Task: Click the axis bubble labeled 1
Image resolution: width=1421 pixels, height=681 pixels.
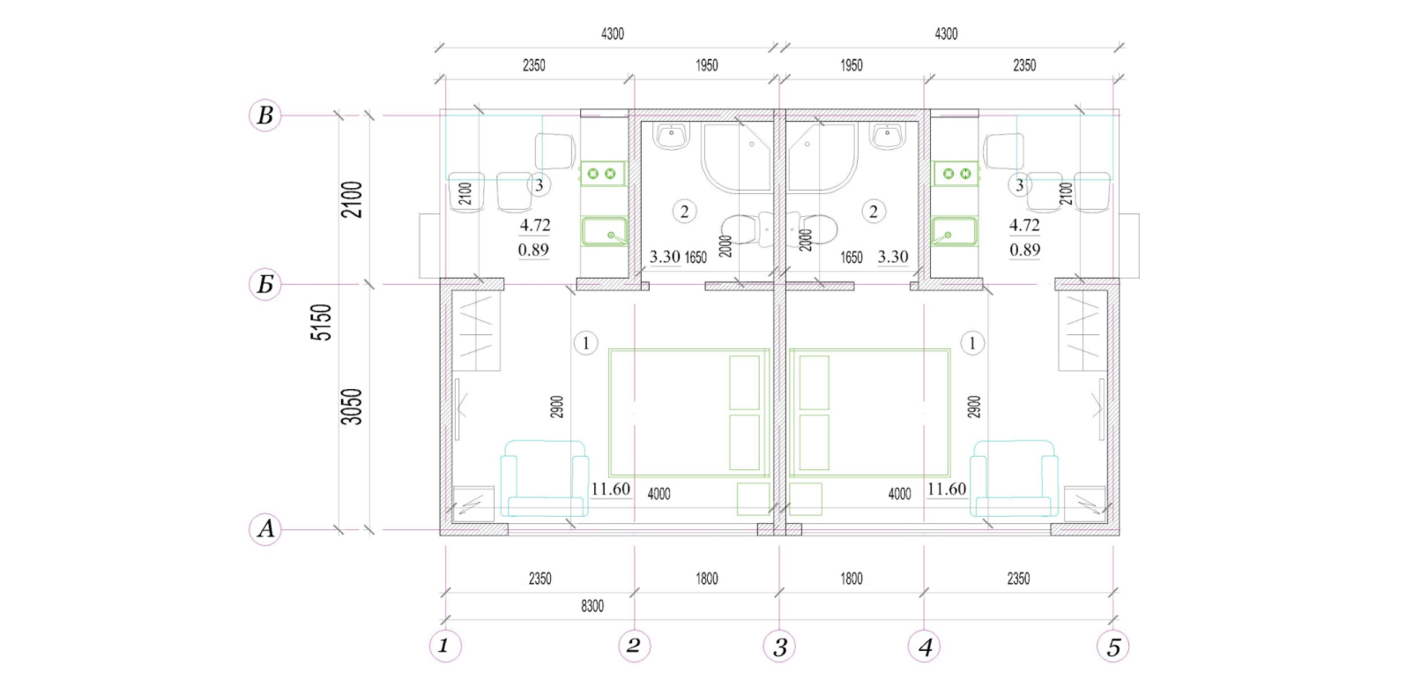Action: (445, 646)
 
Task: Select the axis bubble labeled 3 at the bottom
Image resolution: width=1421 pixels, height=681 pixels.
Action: (779, 647)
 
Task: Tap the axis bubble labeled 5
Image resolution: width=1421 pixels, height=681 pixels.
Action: (1113, 647)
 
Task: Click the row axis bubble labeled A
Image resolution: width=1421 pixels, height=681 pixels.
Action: (265, 528)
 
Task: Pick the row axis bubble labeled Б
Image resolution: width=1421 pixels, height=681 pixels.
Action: (265, 284)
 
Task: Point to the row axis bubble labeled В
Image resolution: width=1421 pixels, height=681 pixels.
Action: (265, 116)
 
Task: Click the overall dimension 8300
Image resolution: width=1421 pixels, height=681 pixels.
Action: (592, 606)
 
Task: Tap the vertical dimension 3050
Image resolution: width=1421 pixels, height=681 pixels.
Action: (352, 407)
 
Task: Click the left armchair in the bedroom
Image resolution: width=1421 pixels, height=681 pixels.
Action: (544, 478)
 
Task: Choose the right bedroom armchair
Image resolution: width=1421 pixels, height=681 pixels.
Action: (1015, 478)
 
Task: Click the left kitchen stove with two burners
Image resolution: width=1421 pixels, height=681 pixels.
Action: (602, 173)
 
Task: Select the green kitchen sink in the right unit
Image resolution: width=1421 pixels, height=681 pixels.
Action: (955, 232)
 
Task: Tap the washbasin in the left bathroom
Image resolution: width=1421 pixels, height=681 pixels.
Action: (672, 137)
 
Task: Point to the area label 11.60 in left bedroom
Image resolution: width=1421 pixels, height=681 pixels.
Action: (610, 490)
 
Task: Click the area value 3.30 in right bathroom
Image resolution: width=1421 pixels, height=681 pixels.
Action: (893, 257)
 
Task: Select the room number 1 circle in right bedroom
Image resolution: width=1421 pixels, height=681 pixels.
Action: (971, 343)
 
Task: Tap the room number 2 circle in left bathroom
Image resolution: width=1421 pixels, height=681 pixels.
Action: (684, 212)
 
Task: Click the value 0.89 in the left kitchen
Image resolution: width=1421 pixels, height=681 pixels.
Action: (533, 250)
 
